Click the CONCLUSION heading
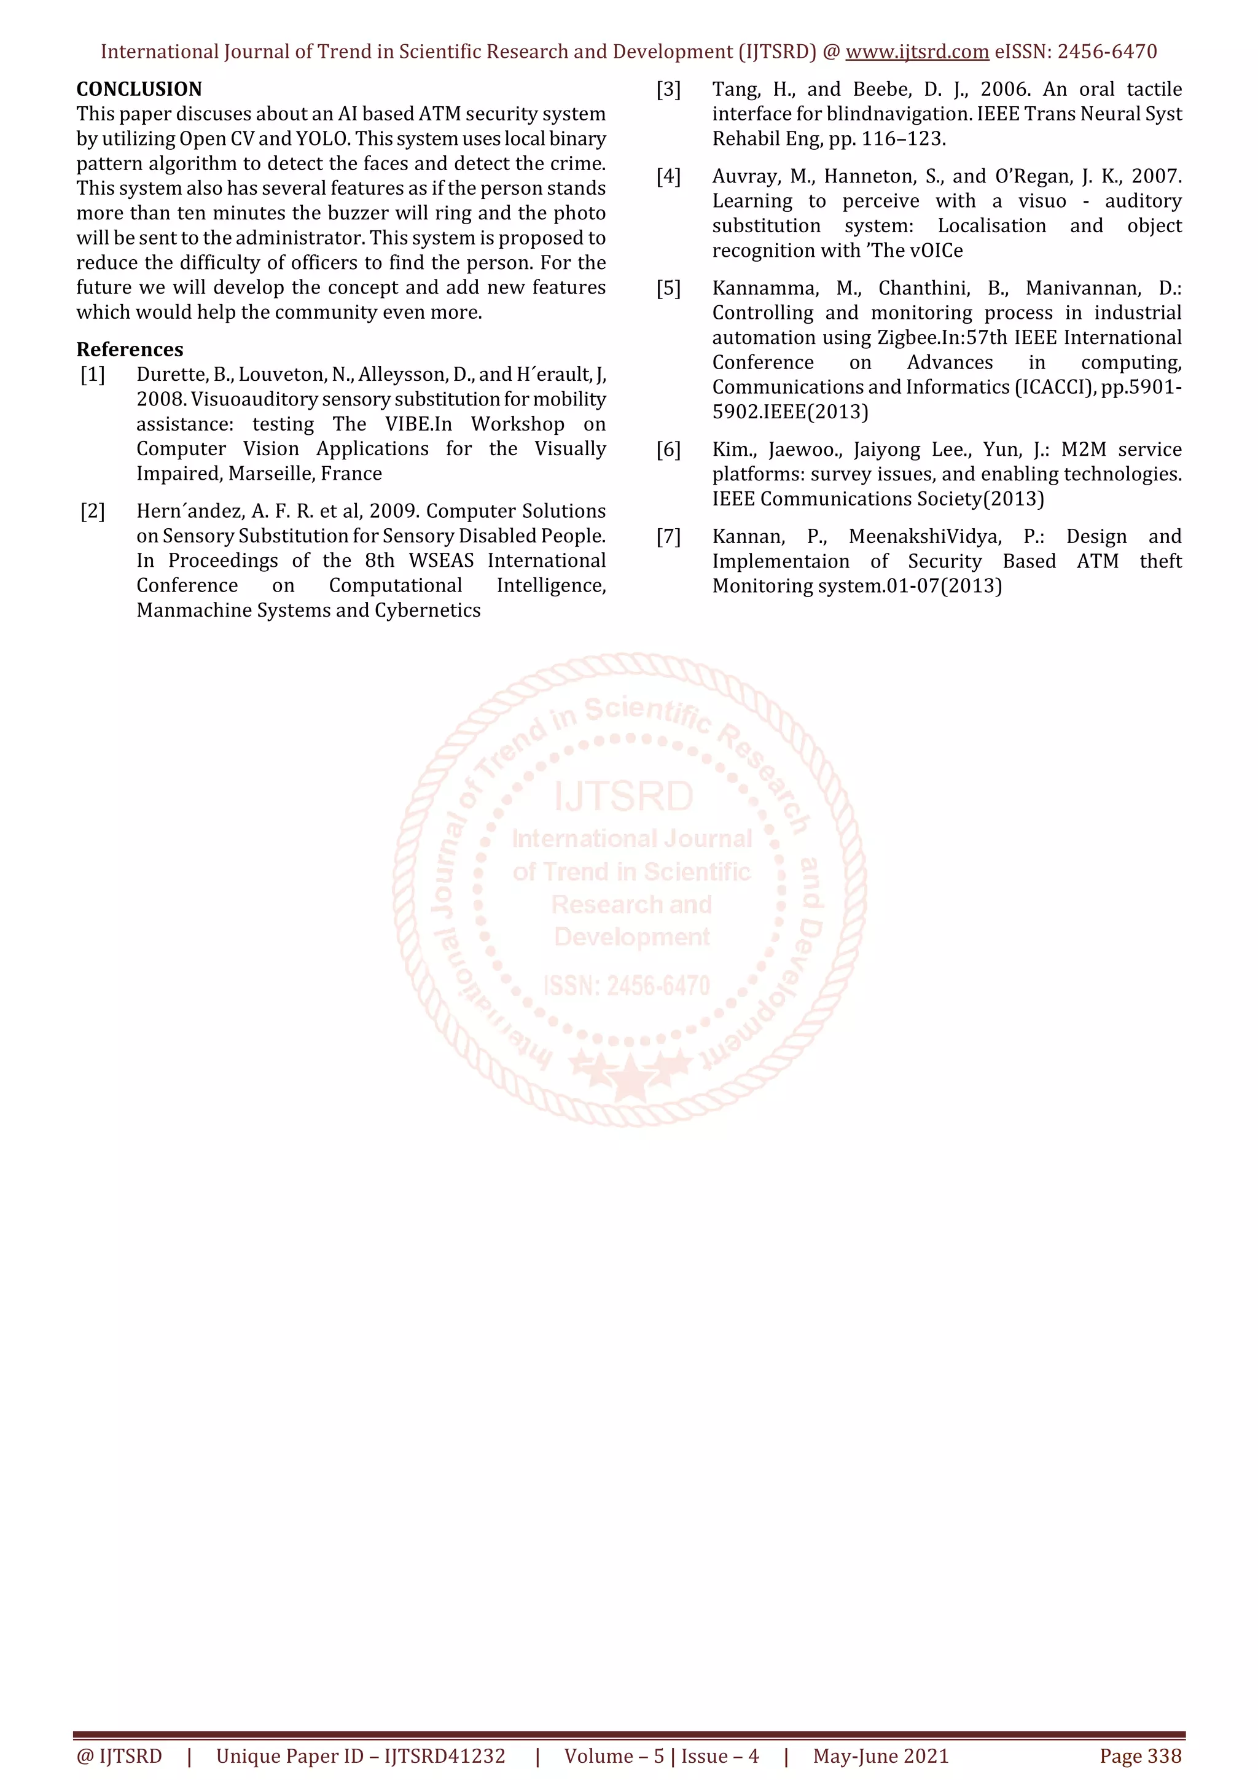point(139,89)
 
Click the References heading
point(130,349)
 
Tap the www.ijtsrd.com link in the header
point(917,52)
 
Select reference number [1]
point(93,375)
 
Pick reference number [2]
point(93,511)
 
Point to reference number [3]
point(668,89)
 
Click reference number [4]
point(668,176)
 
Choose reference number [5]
point(668,289)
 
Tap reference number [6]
point(668,450)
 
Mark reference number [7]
point(668,536)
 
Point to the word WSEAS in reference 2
point(441,561)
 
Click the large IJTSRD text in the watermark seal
point(624,797)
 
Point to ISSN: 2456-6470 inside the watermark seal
point(627,985)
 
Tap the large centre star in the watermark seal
point(630,1077)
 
